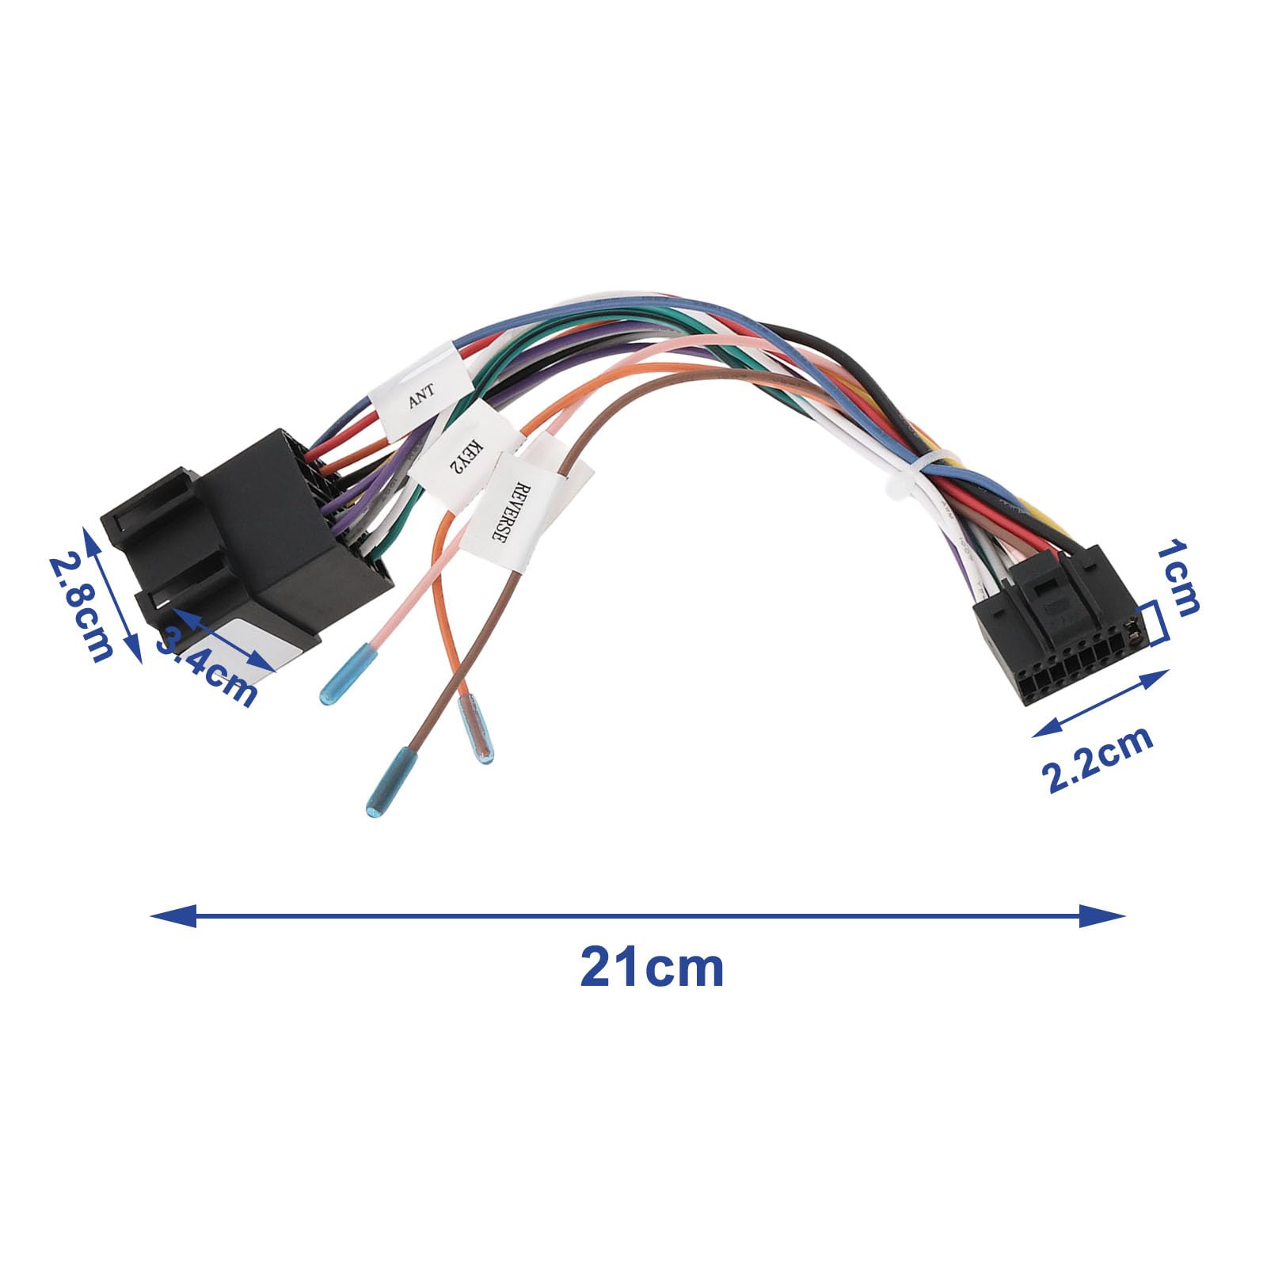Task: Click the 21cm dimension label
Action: point(651,968)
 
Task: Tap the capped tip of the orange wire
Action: point(478,729)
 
